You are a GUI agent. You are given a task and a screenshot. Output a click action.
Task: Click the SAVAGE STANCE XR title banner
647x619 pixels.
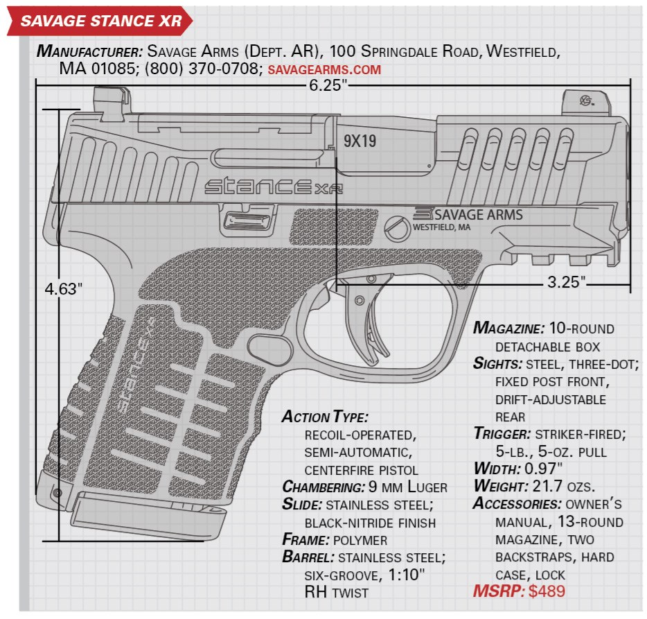[x=100, y=21]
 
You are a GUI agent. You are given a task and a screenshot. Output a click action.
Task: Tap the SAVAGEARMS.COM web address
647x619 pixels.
[x=323, y=70]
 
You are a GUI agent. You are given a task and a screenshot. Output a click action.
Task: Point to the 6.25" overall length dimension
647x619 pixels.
[x=333, y=86]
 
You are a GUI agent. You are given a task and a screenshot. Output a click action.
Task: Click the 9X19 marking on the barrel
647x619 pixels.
[x=360, y=141]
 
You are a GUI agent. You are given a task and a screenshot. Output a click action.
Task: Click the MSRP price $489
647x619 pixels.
[x=547, y=591]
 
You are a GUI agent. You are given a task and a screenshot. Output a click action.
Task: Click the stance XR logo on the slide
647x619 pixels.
[x=273, y=186]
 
